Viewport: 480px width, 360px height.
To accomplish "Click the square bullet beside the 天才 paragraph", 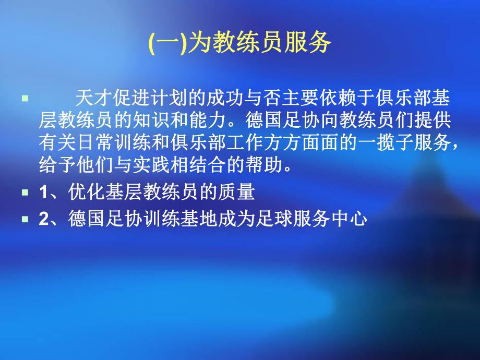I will pyautogui.click(x=25, y=98).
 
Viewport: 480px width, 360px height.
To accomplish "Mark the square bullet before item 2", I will pyautogui.click(x=25, y=220).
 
